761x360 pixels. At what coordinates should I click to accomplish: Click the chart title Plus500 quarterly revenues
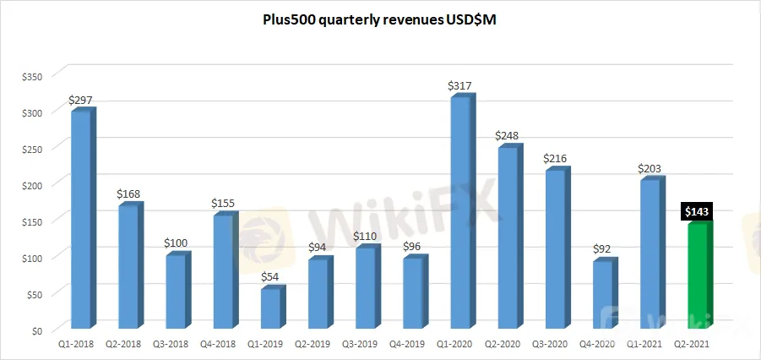381,21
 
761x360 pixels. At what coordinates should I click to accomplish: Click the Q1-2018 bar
81,220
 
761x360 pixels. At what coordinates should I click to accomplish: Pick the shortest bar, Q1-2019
271,308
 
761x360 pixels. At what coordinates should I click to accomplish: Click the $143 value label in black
698,212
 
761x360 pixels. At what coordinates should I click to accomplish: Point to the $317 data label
461,85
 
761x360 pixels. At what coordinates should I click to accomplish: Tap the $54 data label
271,276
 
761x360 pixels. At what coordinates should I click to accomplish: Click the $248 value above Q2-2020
508,135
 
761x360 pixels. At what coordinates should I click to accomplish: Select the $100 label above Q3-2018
176,243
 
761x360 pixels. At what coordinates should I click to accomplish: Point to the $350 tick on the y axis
31,76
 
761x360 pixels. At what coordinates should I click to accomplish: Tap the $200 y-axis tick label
31,185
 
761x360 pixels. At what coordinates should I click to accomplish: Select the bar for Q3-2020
556,249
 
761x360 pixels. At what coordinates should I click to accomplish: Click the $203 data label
651,167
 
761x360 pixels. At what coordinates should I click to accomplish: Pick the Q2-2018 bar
128,266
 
